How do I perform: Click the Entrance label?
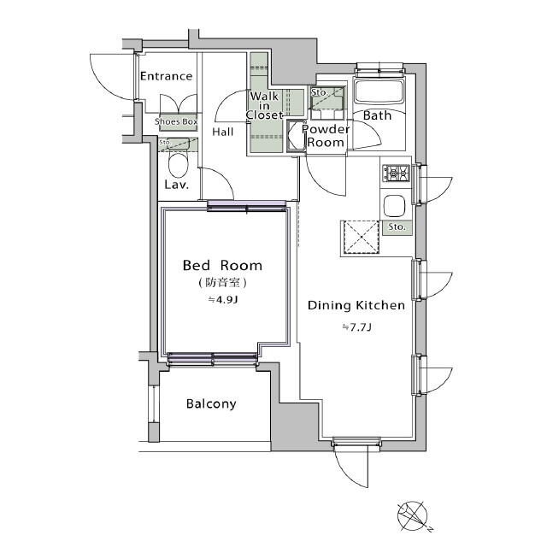[x=166, y=76]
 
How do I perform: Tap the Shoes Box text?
[x=176, y=121]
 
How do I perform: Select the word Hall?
[x=222, y=132]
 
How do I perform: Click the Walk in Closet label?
[x=264, y=105]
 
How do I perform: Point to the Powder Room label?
[x=326, y=136]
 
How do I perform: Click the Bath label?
[x=377, y=115]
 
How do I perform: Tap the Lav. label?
[x=177, y=185]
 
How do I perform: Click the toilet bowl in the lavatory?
[x=179, y=165]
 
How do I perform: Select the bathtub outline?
[x=379, y=91]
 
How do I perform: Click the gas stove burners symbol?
[x=397, y=173]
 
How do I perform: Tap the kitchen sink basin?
[x=395, y=206]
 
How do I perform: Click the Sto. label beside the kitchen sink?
[x=397, y=227]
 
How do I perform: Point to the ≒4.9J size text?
[x=222, y=300]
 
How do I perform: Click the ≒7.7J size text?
[x=356, y=327]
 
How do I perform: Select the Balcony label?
[x=211, y=403]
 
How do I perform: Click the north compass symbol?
[x=413, y=516]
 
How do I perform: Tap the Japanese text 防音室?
[x=222, y=283]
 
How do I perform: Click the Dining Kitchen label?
[x=356, y=305]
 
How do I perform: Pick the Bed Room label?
[x=222, y=266]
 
